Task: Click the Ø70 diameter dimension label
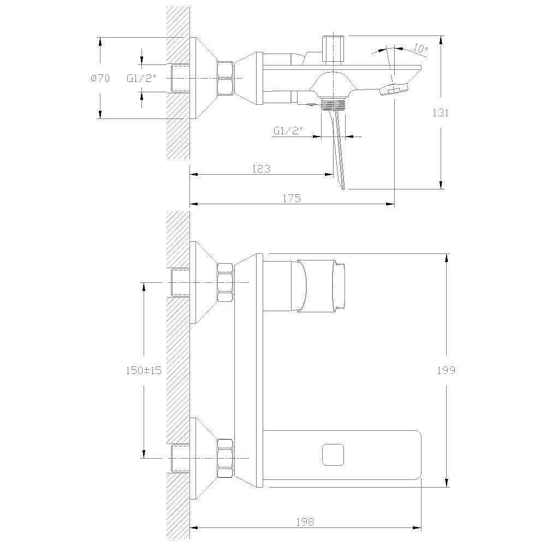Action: (100, 78)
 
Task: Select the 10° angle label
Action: (420, 48)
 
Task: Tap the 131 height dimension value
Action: (441, 112)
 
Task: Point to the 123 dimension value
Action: (261, 169)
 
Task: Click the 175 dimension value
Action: (292, 198)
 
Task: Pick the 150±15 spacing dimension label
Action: (144, 370)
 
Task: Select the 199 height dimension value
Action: (447, 370)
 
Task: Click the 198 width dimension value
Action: (305, 521)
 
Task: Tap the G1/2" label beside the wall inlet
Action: (141, 78)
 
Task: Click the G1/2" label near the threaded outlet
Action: (289, 131)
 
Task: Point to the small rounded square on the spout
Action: (334, 455)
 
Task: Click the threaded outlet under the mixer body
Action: (333, 104)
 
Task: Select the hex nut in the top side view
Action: (225, 78)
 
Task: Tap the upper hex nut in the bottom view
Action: (225, 282)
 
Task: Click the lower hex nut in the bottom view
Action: (225, 458)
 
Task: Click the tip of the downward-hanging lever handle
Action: (343, 188)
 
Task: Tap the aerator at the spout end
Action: (394, 90)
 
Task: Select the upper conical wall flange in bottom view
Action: (204, 282)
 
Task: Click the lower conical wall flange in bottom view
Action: (204, 458)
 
